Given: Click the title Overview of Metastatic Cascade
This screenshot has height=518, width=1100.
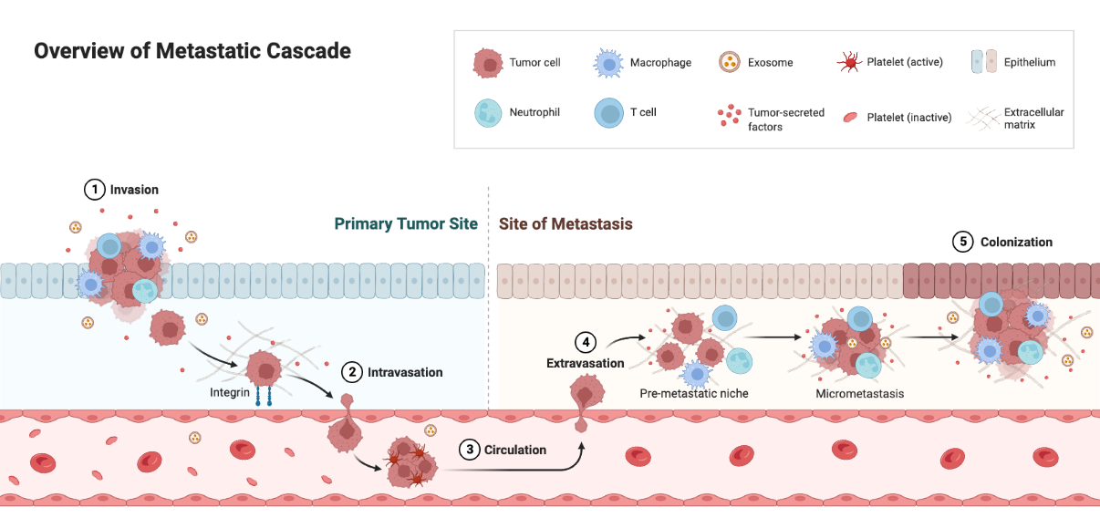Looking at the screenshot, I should tap(192, 51).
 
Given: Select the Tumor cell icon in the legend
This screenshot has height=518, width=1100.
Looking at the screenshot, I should tap(489, 63).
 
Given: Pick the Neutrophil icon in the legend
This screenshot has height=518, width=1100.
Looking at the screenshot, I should tap(489, 113).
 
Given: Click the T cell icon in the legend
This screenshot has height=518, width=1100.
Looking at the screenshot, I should tap(608, 113).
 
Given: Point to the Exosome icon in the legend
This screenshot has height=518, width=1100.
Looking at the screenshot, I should tap(729, 63).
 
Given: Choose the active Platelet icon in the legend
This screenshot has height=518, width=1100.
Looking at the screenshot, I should tap(848, 63).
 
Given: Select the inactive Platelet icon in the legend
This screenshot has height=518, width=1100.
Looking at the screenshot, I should tap(848, 117).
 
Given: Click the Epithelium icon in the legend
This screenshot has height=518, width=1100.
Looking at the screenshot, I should tap(984, 62).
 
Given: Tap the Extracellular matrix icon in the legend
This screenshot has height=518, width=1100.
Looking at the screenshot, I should tap(984, 117).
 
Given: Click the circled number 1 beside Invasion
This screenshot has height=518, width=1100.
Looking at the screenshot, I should tap(94, 190).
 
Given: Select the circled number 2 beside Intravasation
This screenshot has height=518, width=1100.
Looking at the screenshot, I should tap(351, 372).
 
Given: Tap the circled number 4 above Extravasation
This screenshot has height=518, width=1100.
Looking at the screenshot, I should tap(585, 343).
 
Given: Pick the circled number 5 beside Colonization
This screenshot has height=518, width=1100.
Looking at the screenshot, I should tap(963, 242).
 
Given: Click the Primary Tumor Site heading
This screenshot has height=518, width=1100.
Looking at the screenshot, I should tap(405, 224).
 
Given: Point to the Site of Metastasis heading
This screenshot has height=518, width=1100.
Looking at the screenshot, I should tap(566, 224).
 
